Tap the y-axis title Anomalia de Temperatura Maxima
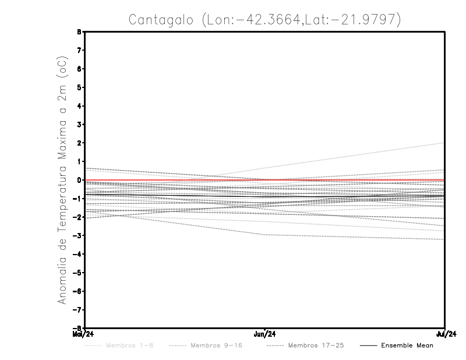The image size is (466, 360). [62, 181]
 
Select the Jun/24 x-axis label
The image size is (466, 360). [265, 334]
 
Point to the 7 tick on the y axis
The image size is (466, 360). [78, 50]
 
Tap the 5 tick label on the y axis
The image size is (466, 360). [78, 87]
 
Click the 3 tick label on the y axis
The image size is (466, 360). [78, 124]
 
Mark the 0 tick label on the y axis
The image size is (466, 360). [78, 180]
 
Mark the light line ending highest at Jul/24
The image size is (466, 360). [408, 150]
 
